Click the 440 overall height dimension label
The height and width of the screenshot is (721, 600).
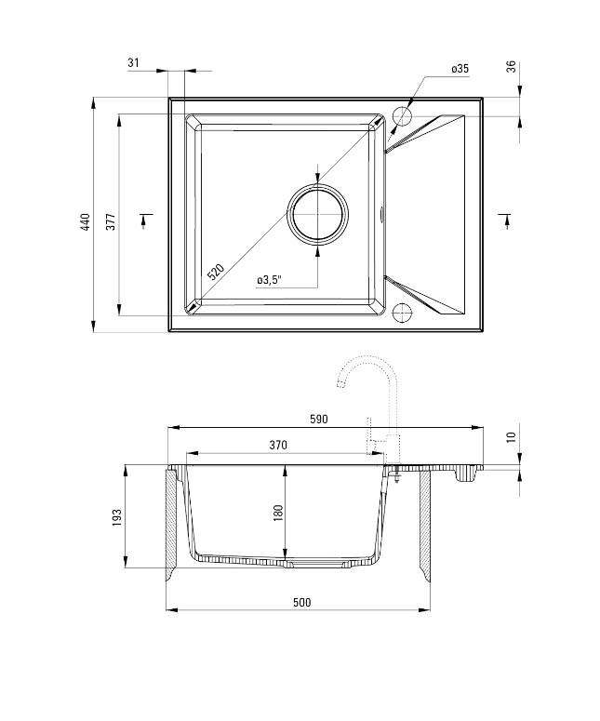(85, 221)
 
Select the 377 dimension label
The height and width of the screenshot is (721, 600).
(110, 221)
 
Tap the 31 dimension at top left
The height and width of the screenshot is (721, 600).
(133, 62)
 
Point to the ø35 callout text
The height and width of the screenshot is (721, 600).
(460, 69)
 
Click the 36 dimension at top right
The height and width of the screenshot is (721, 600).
(511, 67)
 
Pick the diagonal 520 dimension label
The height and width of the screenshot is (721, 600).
(215, 273)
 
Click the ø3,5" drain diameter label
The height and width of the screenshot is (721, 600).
(269, 279)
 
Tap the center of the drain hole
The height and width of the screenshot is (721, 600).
(319, 213)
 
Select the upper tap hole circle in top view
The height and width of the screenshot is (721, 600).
(403, 116)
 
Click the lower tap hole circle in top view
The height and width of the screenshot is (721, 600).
(403, 311)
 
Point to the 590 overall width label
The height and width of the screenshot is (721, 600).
(318, 420)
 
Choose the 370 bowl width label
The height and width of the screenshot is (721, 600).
(277, 445)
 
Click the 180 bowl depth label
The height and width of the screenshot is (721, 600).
(278, 514)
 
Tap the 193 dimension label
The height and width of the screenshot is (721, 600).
(117, 516)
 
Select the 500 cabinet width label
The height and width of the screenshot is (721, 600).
(300, 602)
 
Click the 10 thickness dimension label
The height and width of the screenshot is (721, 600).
(511, 437)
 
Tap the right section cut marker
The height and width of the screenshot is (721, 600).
(505, 220)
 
